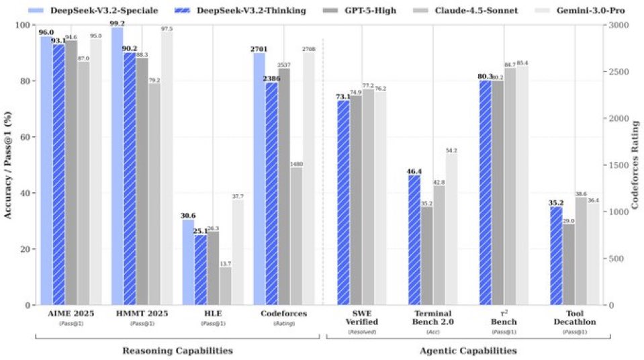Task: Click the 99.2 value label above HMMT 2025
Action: tap(118, 22)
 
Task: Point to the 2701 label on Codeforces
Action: tap(259, 49)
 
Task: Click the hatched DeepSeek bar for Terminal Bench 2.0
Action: tap(414, 240)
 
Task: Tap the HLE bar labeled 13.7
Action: tap(225, 286)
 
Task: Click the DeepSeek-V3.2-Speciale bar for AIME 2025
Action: tap(46, 171)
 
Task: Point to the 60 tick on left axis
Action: tap(27, 137)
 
